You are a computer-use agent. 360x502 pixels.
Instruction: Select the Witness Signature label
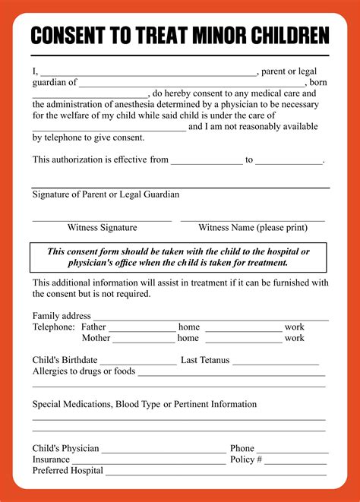102,227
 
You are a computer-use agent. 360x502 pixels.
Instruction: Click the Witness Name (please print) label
253,227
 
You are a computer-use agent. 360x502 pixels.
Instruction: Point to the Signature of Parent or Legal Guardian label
106,194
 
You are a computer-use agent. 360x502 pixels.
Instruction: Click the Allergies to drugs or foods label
84,371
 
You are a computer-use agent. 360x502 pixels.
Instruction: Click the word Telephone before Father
53,327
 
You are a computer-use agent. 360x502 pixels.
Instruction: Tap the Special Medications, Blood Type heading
144,404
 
